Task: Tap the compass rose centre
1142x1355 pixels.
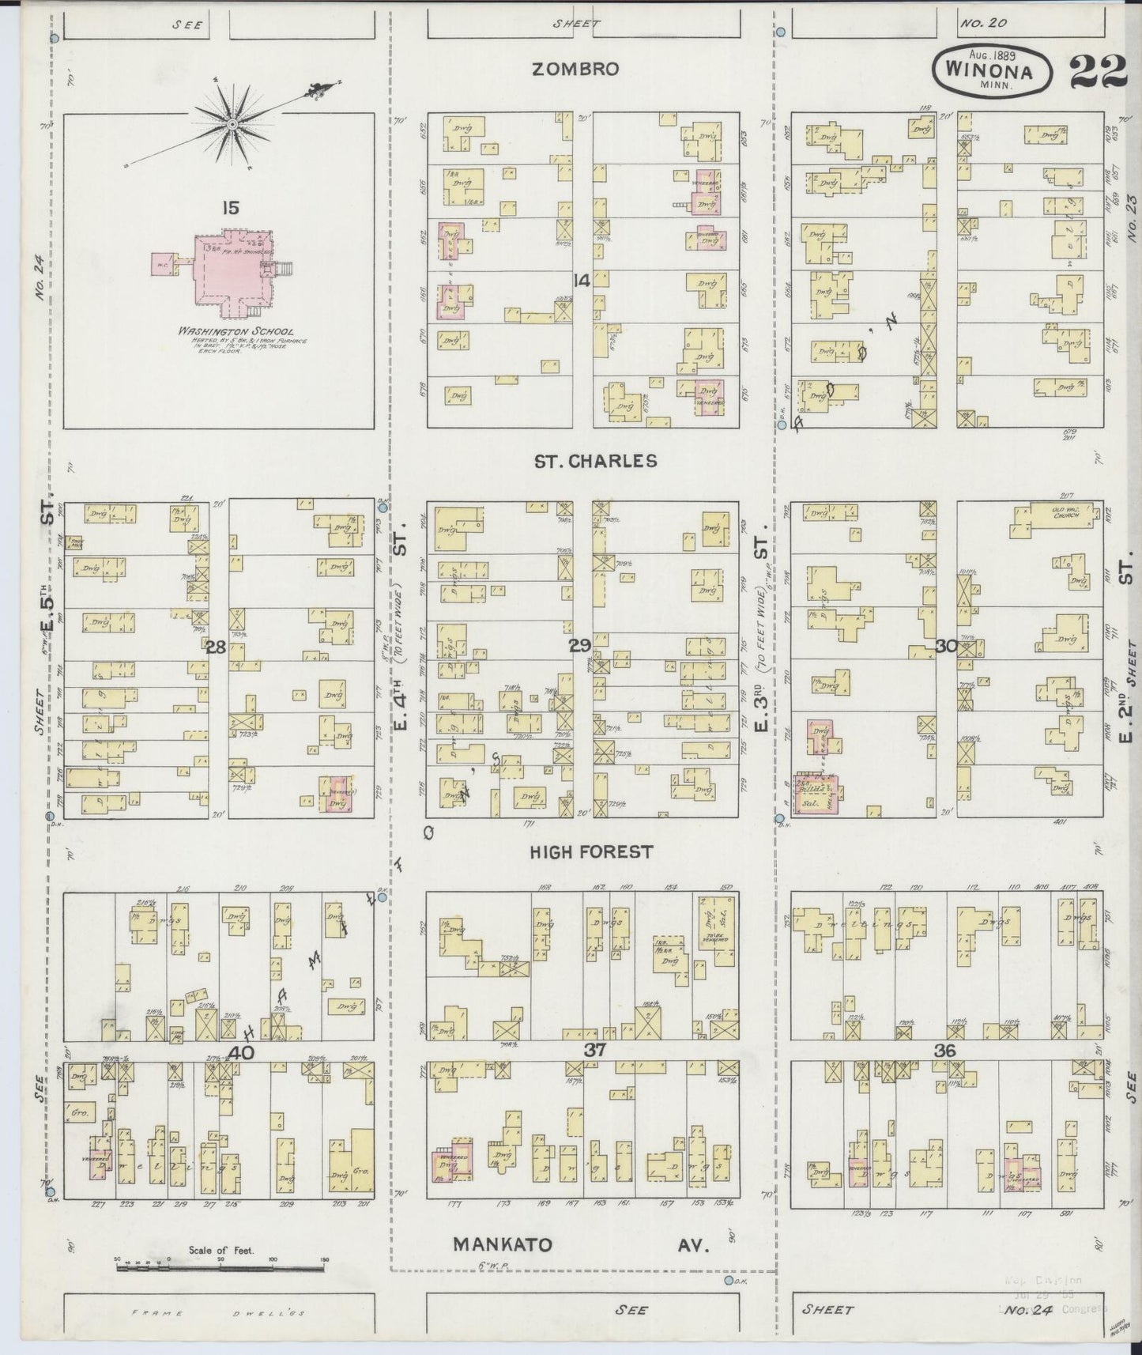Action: point(233,125)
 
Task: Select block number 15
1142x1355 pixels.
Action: point(231,209)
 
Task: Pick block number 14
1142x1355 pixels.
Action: point(582,279)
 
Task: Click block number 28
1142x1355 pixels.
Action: point(216,647)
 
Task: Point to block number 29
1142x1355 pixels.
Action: point(579,647)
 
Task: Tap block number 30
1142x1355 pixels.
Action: point(946,647)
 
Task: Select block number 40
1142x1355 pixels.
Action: point(242,1052)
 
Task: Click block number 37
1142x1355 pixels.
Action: point(594,1051)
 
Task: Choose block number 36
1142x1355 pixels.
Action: point(945,1051)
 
